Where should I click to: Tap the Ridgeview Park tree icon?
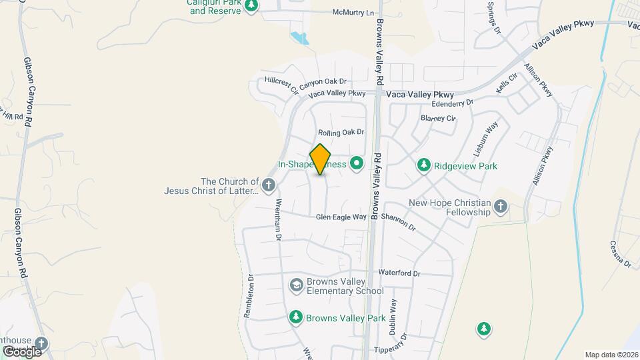[423, 165]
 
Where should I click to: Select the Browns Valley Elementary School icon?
[295, 285]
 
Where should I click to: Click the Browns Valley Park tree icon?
[295, 316]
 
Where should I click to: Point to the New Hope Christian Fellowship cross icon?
[501, 211]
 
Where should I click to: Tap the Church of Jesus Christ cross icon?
[268, 185]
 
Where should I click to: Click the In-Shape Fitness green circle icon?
[357, 163]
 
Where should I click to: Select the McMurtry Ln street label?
[353, 13]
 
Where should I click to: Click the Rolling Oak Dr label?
[341, 133]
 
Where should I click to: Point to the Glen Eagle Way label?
[341, 217]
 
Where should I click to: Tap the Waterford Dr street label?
[399, 273]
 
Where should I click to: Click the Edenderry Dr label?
[452, 103]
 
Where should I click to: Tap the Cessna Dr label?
[620, 254]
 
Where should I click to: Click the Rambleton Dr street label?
[250, 297]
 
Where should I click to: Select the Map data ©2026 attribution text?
[611, 355]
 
